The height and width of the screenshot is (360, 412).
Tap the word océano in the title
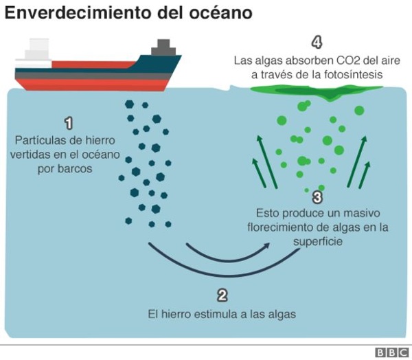pyautogui.click(x=221, y=13)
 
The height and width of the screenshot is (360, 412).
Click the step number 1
pyautogui.click(x=69, y=124)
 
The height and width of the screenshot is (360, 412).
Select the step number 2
pyautogui.click(x=222, y=295)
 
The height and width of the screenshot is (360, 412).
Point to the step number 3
pyautogui.click(x=317, y=197)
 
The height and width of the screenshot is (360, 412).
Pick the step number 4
pyautogui.click(x=317, y=43)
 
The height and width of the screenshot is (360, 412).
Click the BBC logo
pyautogui.click(x=392, y=352)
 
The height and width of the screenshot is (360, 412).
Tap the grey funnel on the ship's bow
pyautogui.click(x=163, y=47)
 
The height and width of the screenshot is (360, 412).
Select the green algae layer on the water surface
pyautogui.click(x=316, y=91)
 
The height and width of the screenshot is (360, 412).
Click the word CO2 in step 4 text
pyautogui.click(x=344, y=60)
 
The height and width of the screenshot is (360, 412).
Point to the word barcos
pyautogui.click(x=65, y=168)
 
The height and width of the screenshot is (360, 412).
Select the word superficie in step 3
pyautogui.click(x=318, y=242)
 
